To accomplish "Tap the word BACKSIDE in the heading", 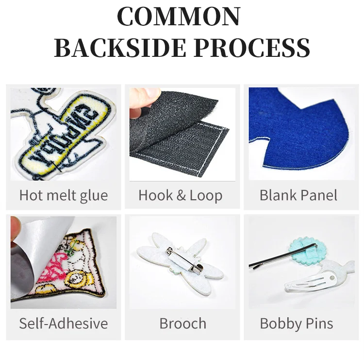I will (x=121, y=48).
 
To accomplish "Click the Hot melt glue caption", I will (x=64, y=195).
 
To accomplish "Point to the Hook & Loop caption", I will (x=181, y=195).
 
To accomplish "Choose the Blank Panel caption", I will (x=298, y=195).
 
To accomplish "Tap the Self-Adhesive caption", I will (x=64, y=323).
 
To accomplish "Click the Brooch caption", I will (x=182, y=323).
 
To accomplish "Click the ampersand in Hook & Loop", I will (x=181, y=195).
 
